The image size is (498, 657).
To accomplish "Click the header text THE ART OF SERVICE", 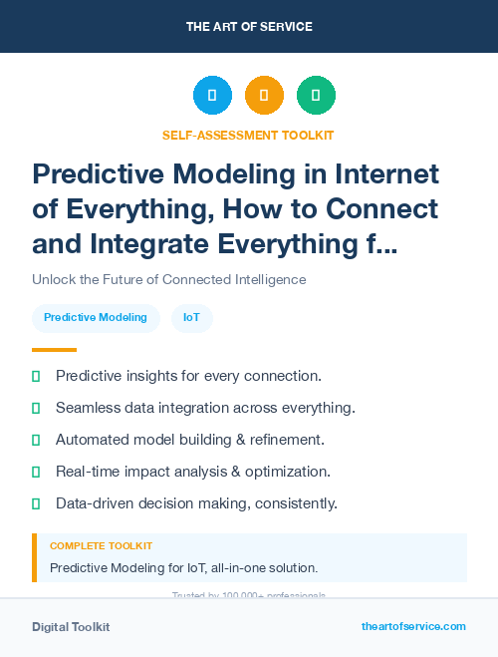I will click(x=249, y=27).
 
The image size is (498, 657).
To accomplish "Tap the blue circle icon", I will click(x=212, y=96).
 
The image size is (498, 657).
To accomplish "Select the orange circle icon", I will click(x=264, y=96).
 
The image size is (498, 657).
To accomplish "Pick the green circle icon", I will click(x=316, y=96).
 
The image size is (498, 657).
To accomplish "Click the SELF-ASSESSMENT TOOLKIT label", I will click(x=248, y=135).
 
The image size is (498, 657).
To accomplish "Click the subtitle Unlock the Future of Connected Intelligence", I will click(x=168, y=279).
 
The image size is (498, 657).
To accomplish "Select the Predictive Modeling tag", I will click(x=96, y=318).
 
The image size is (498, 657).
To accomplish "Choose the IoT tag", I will click(x=191, y=318).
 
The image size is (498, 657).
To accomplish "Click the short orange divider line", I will click(x=54, y=350).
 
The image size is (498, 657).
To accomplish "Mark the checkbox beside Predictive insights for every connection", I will click(x=36, y=377).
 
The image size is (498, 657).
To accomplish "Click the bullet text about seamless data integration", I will click(x=205, y=408).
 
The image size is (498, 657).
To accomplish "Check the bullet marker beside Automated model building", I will click(x=36, y=440).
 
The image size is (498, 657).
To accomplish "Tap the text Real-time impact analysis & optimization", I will click(x=193, y=471).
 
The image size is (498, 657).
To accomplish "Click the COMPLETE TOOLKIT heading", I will click(x=102, y=546).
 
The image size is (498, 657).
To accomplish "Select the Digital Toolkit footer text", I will click(x=71, y=627).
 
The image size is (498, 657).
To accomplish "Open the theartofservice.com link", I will click(x=413, y=626).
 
